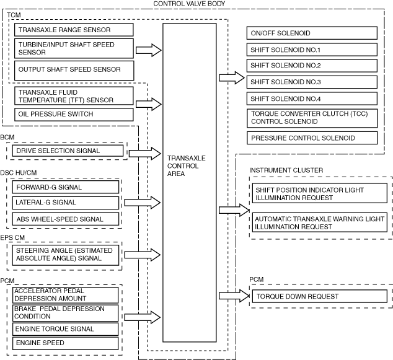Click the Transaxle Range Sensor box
(73, 30)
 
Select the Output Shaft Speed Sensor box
(73, 69)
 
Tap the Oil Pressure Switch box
(73, 115)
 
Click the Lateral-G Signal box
(65, 203)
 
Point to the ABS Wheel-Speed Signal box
(65, 219)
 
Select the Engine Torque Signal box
(65, 329)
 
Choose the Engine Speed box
(65, 343)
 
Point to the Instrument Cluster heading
(286, 170)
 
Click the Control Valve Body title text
(188, 4)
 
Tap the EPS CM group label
(12, 236)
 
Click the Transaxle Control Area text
(187, 165)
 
